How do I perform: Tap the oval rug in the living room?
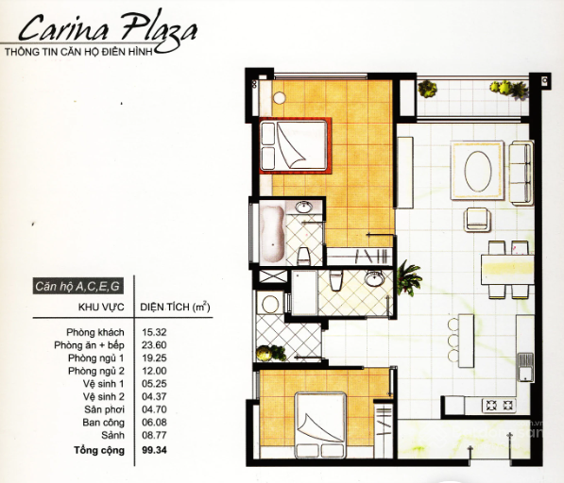478,170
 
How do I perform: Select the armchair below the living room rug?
477,218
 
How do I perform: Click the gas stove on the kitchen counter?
498,406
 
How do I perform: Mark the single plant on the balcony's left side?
427,89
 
